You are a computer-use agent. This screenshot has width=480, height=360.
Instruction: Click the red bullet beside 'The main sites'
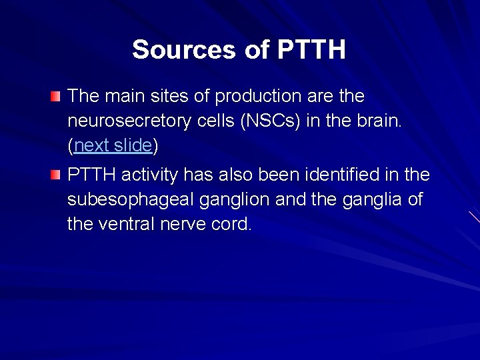[x=55, y=97]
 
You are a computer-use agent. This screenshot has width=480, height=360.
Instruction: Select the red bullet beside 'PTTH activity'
[x=55, y=176]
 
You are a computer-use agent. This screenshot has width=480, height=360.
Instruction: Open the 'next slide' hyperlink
[x=113, y=145]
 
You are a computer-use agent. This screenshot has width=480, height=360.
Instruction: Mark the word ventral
[x=127, y=224]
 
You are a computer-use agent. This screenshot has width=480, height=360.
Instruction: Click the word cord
[x=234, y=224]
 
